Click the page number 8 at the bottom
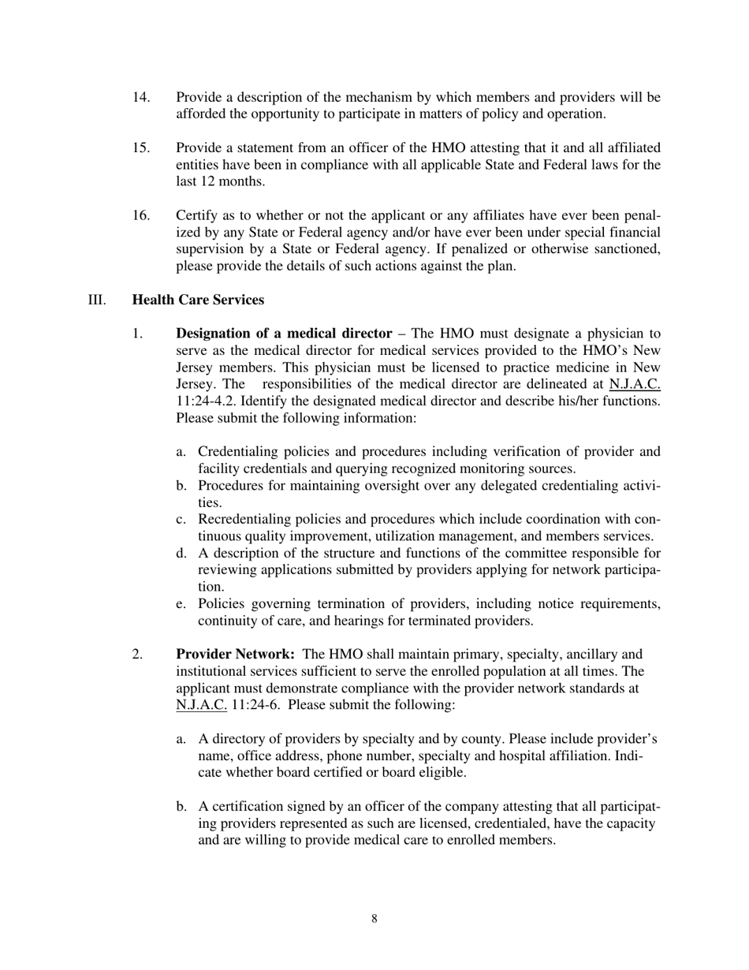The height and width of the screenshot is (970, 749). tap(374, 918)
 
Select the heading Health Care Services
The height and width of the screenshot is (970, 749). tap(198, 300)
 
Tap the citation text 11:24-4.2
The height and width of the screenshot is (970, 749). tap(206, 401)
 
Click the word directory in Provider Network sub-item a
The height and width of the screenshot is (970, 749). tap(237, 739)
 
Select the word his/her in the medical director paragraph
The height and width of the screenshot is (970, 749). tap(574, 401)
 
